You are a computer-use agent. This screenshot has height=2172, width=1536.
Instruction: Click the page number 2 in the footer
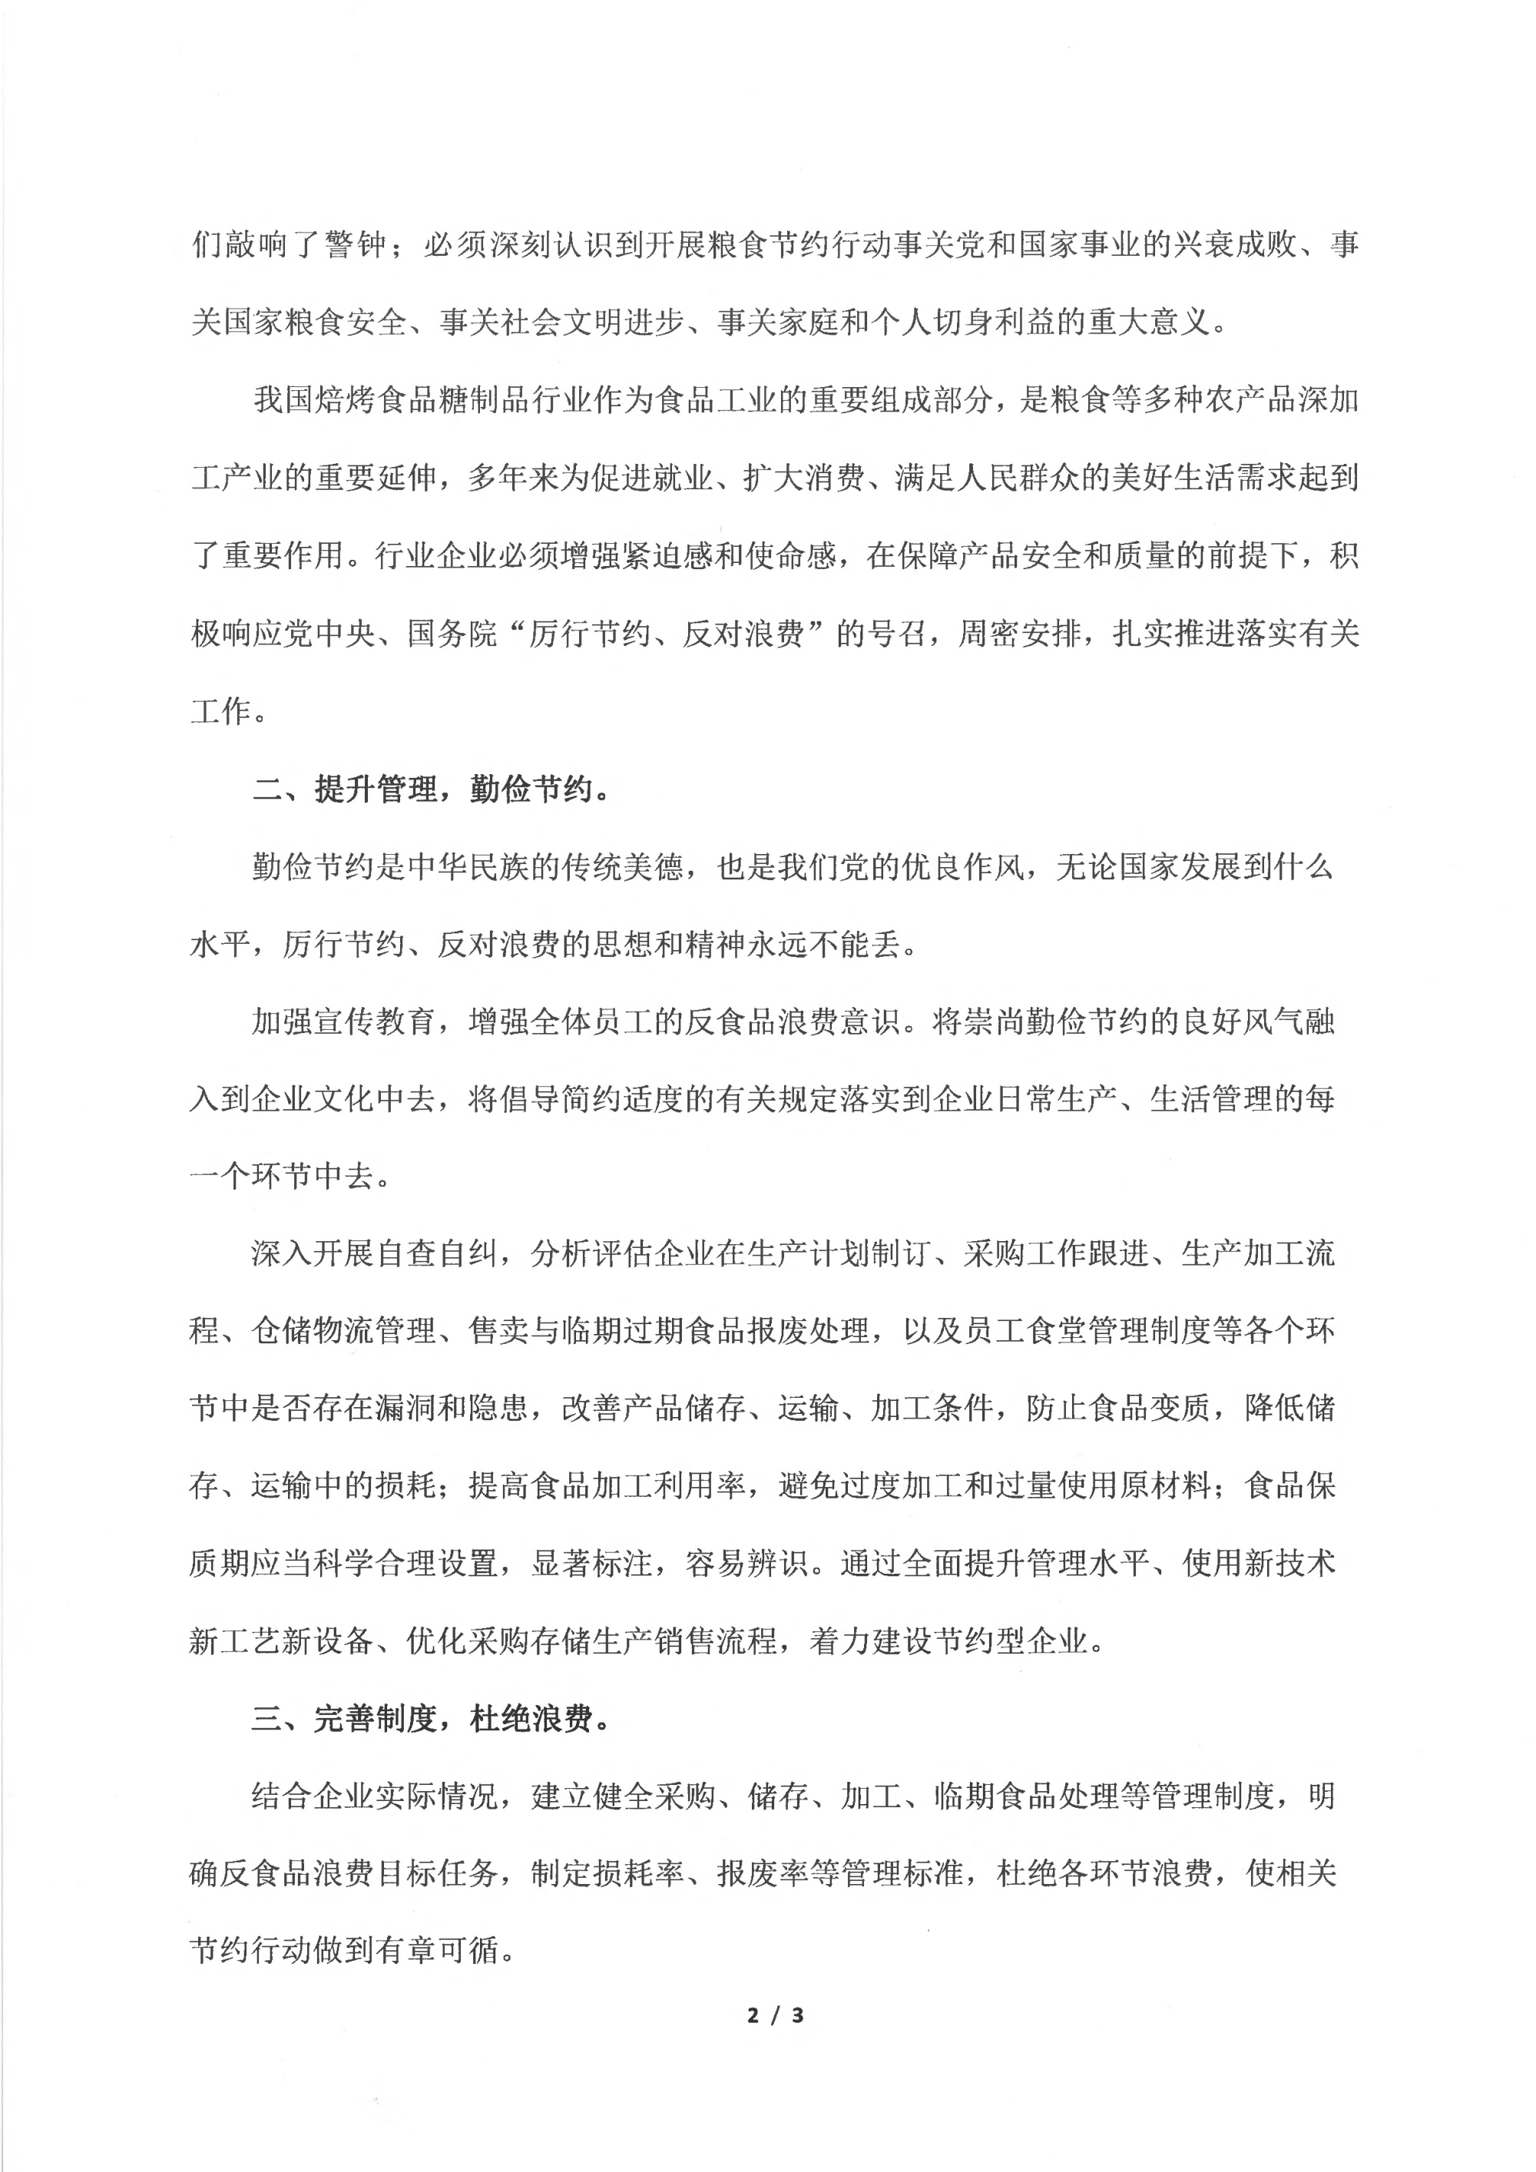click(753, 2015)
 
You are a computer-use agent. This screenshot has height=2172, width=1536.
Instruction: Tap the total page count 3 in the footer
click(797, 2015)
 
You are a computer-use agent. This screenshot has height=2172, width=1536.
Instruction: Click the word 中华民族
click(468, 866)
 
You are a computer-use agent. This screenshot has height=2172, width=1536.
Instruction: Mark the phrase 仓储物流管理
click(343, 1331)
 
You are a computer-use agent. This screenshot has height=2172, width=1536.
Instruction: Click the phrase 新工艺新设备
click(282, 1641)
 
